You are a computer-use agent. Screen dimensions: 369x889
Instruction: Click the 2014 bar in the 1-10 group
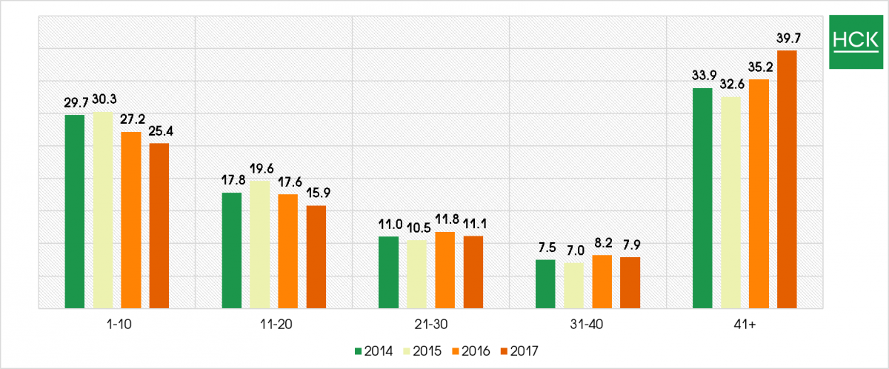click(x=74, y=211)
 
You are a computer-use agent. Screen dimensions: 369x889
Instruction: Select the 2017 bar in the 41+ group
click(x=787, y=179)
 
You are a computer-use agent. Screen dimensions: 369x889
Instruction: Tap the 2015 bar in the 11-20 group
click(x=259, y=244)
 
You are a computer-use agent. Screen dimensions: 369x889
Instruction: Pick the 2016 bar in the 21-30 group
click(x=444, y=270)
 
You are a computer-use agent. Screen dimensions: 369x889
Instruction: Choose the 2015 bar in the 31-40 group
click(x=573, y=285)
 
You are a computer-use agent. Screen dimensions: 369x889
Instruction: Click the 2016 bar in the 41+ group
click(x=759, y=193)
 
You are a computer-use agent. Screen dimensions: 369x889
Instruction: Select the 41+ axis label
click(x=745, y=325)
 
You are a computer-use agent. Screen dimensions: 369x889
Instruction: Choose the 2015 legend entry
click(x=424, y=350)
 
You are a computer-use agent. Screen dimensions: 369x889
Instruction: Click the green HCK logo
click(x=855, y=41)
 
